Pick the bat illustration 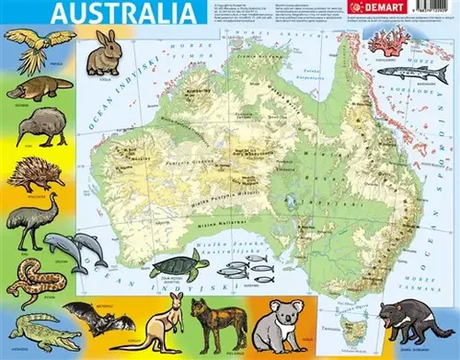click(x=102, y=319)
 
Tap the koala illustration click(x=276, y=327)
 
